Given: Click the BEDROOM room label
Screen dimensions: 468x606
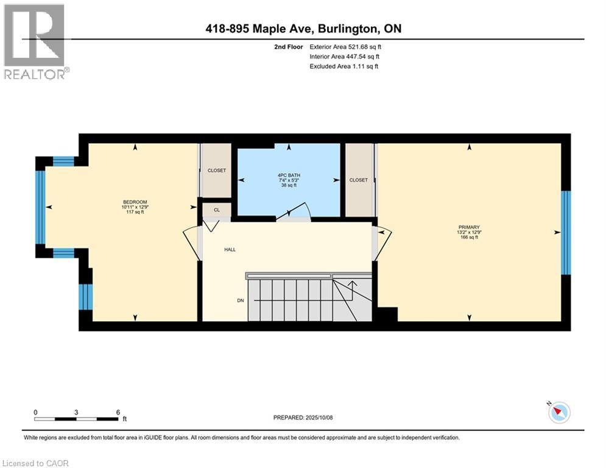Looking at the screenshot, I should (135, 202).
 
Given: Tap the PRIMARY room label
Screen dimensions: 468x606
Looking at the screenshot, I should (469, 227).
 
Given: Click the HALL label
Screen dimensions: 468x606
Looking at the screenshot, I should (230, 249).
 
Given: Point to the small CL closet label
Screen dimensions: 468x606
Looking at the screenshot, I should (216, 210).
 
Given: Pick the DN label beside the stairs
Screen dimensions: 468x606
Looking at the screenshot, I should (241, 300).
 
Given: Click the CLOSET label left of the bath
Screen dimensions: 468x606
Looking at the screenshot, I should (216, 171).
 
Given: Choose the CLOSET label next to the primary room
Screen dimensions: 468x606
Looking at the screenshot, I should (358, 180).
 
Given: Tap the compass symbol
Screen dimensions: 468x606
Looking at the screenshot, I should (558, 413).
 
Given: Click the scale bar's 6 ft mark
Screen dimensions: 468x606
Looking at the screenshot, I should (118, 412).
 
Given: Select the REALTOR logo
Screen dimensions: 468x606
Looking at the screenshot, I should (35, 41).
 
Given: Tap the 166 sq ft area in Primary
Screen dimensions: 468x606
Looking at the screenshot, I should (469, 237).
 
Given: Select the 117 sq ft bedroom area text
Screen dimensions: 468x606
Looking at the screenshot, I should (135, 212).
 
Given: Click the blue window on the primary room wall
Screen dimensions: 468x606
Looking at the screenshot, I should (566, 232).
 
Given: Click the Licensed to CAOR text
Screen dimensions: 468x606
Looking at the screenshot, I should (36, 463).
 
